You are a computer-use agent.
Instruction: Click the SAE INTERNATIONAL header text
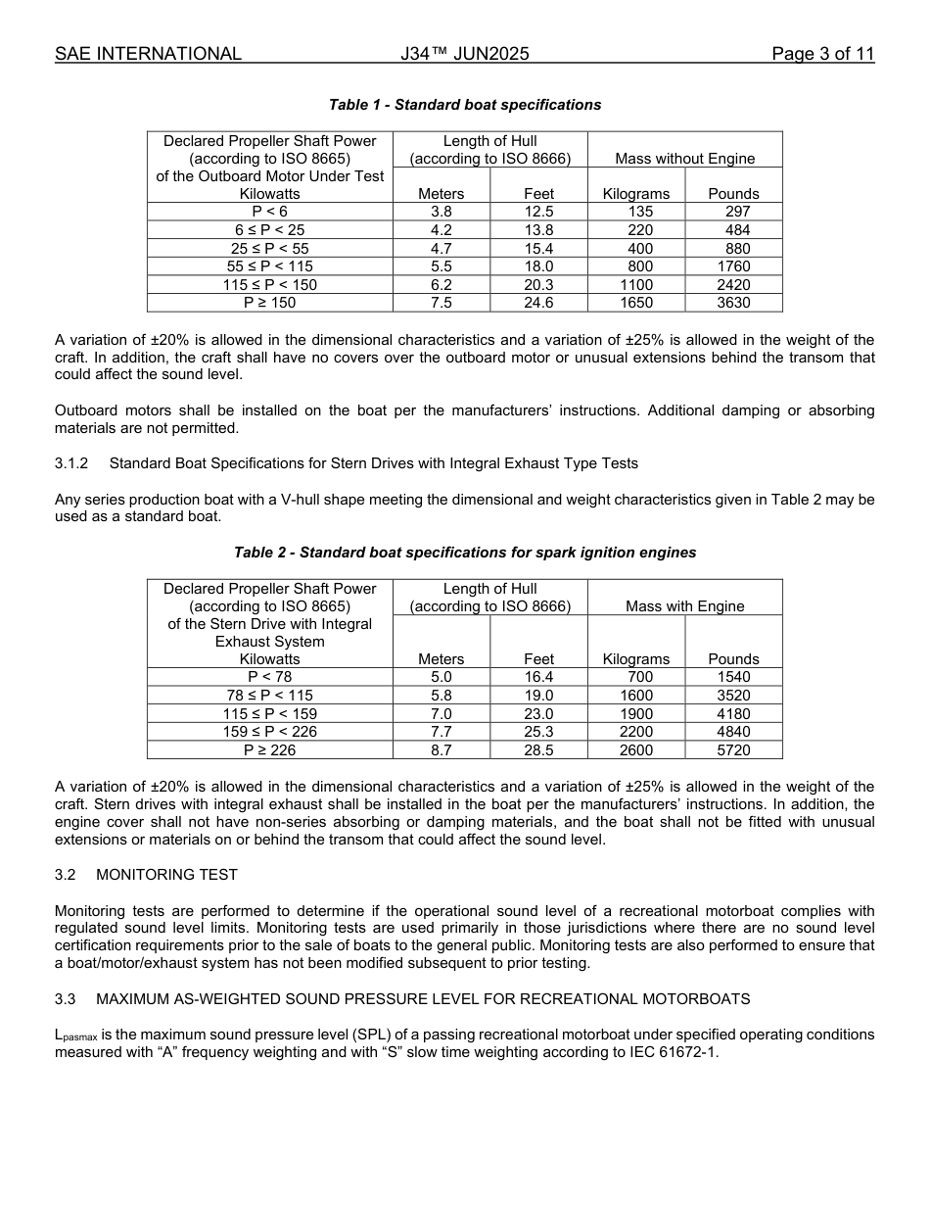148,54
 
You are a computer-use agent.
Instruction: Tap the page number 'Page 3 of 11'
822,54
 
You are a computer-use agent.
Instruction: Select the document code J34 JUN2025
464,54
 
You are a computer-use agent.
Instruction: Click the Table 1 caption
465,105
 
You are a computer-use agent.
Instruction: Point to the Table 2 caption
465,553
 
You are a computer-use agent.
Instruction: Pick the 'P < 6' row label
269,212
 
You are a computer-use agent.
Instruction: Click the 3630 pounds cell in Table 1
733,303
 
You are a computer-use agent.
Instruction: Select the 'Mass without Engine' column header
684,159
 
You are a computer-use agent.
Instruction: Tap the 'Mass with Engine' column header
684,606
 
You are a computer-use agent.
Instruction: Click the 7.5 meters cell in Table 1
441,303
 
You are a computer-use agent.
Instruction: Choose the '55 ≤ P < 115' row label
269,266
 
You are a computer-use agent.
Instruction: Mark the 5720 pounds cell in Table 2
733,750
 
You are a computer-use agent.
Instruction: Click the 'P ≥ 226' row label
269,750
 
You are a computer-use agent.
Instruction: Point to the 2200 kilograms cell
636,732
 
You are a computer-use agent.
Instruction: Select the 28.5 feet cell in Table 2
538,750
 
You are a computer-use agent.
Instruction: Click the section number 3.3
66,999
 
